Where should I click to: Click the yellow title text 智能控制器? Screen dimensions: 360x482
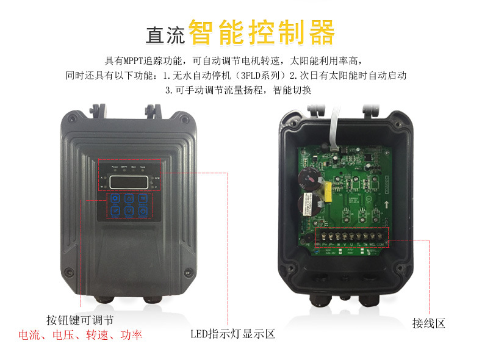coord(262,33)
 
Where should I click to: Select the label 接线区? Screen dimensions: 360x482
coord(428,323)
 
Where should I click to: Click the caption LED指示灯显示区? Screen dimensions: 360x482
coord(233,334)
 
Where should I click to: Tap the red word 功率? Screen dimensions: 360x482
coord(131,335)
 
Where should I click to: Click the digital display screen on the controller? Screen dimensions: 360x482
coord(129,181)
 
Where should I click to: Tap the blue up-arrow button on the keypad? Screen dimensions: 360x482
coord(129,199)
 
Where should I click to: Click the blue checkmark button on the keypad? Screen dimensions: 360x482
coord(115,211)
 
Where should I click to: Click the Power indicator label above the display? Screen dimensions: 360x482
coord(114,167)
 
